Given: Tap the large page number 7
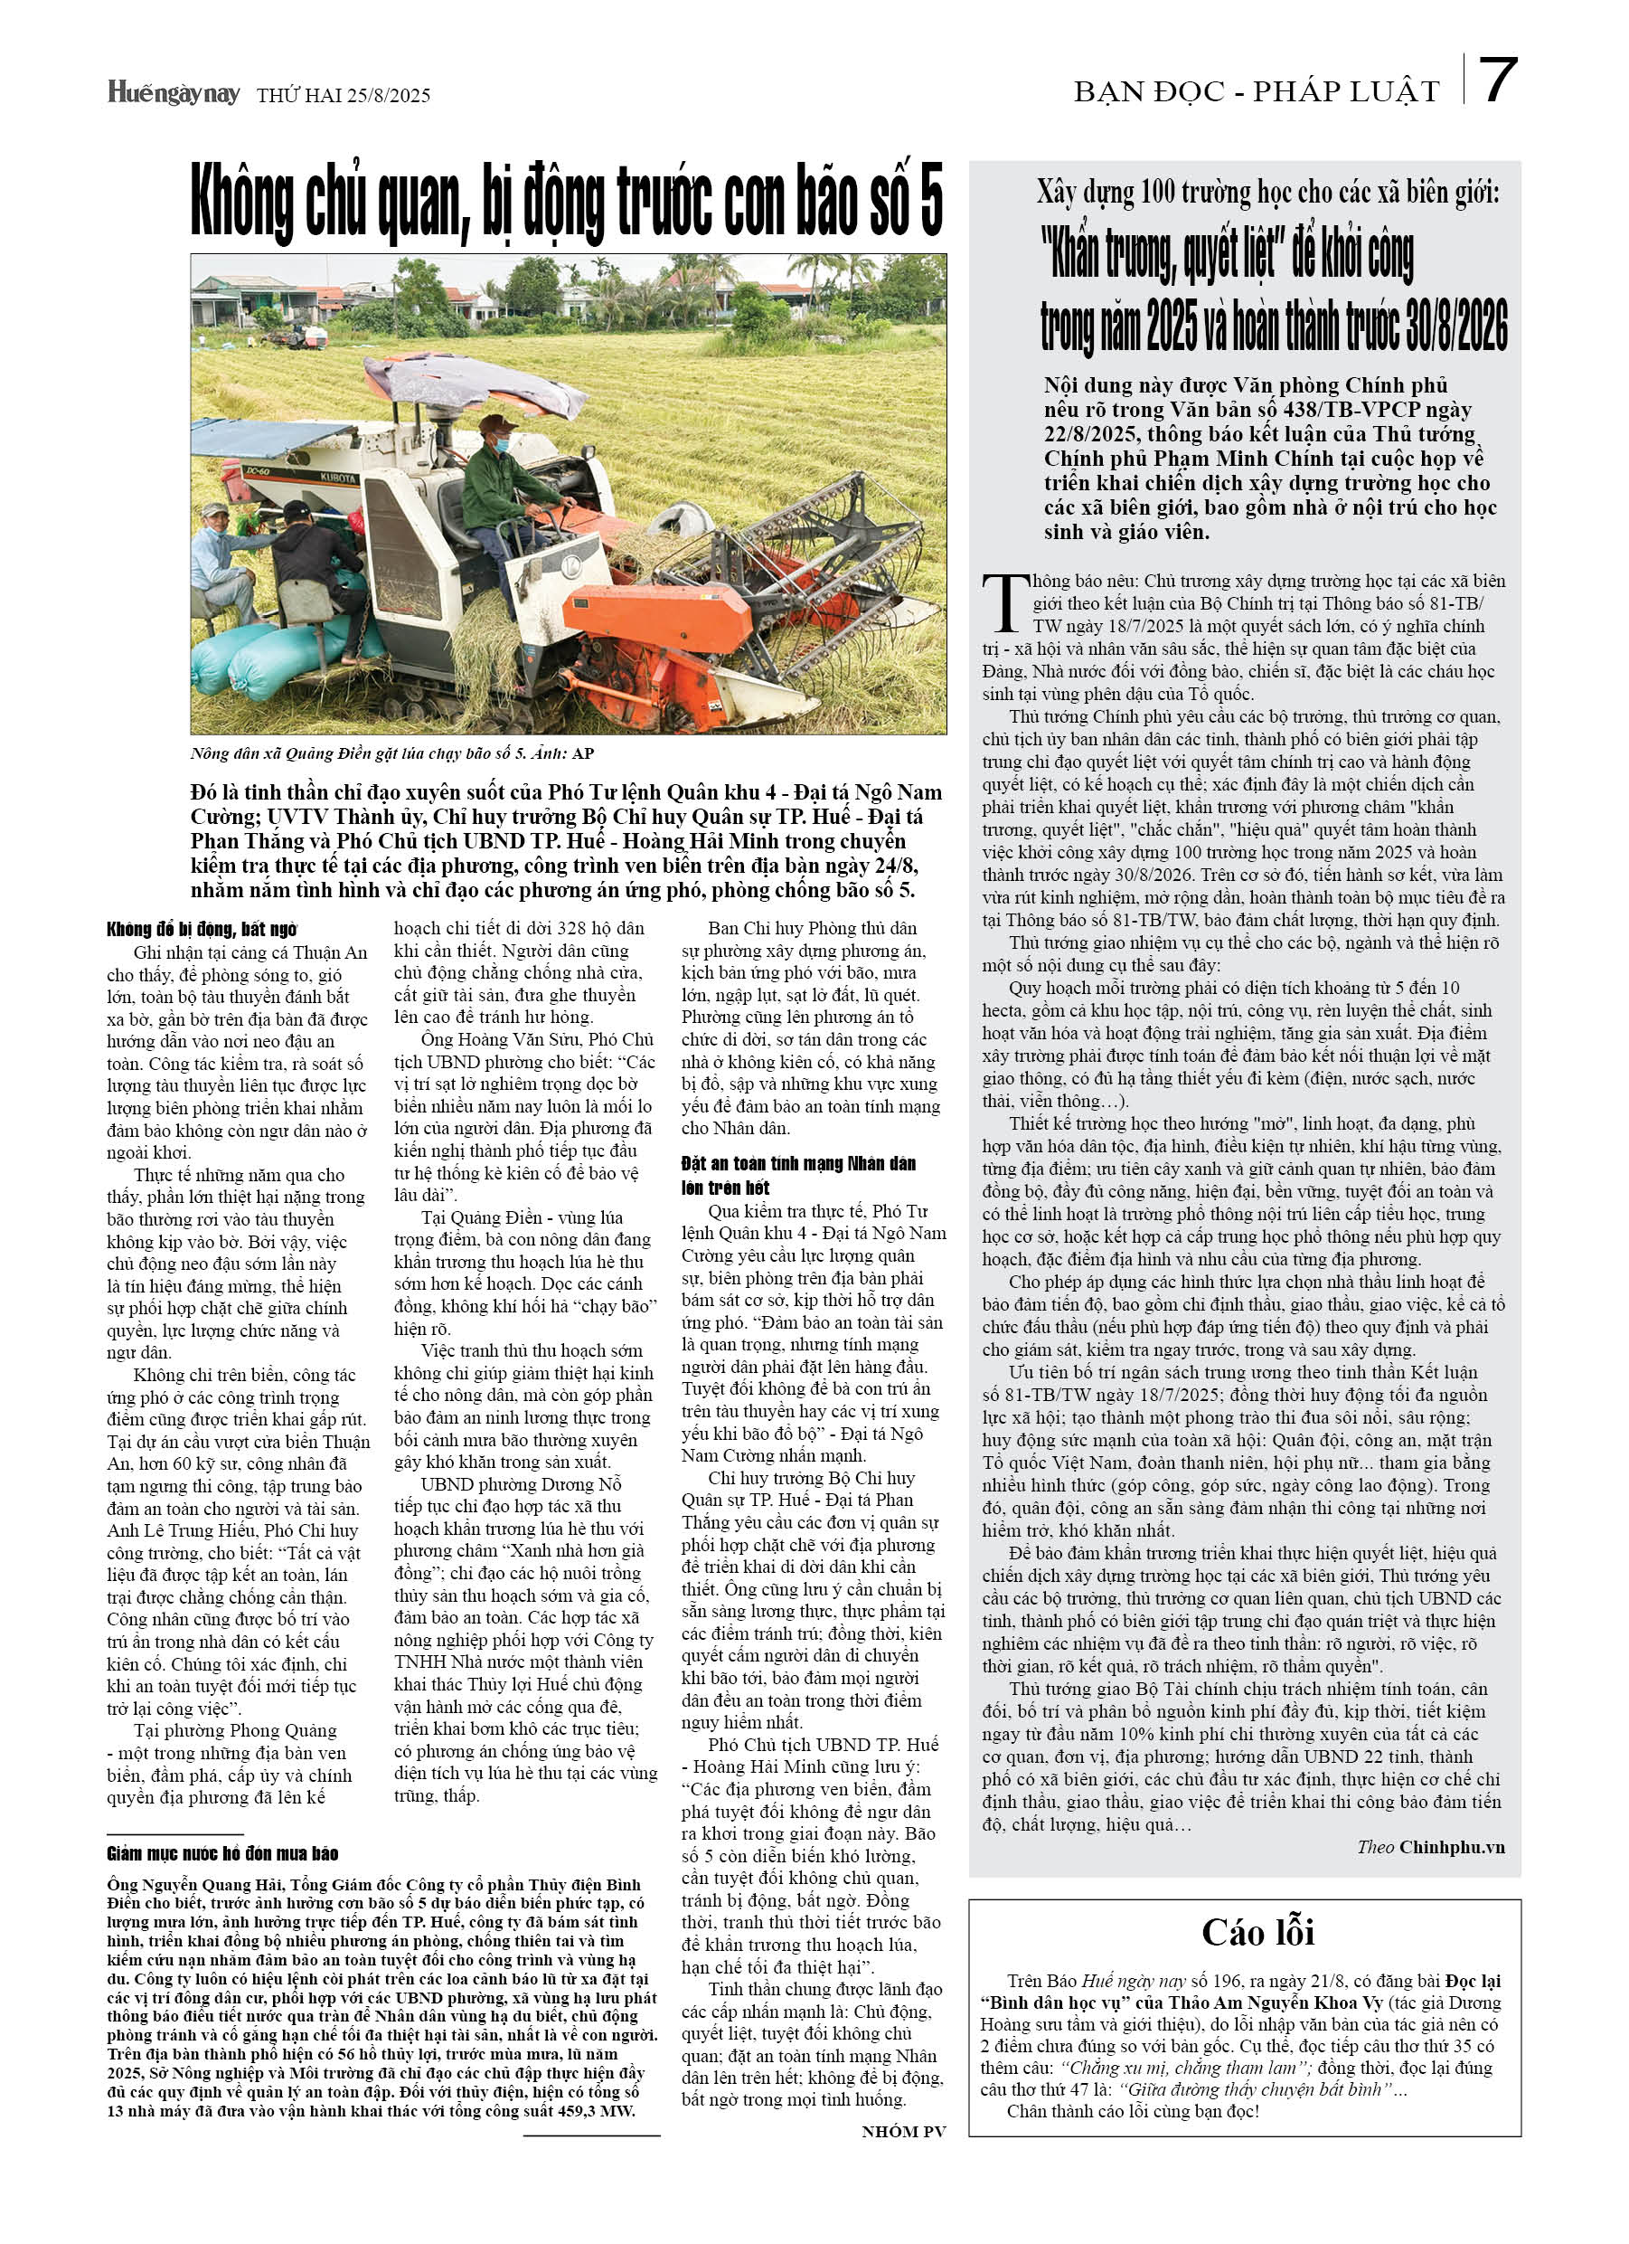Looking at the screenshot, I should point(1499,81).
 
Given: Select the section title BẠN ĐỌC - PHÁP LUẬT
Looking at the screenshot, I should point(1257,92).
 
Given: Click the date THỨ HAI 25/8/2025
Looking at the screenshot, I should point(344,96).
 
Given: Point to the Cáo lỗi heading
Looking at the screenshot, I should point(1257,1930).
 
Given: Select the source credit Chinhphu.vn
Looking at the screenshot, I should point(1451,1846).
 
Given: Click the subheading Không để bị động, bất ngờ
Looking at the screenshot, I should point(202,929).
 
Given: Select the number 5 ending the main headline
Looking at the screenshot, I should point(929,203).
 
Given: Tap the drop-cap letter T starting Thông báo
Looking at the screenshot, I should point(1006,602).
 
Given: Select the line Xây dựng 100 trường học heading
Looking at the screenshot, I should point(1267,193).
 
